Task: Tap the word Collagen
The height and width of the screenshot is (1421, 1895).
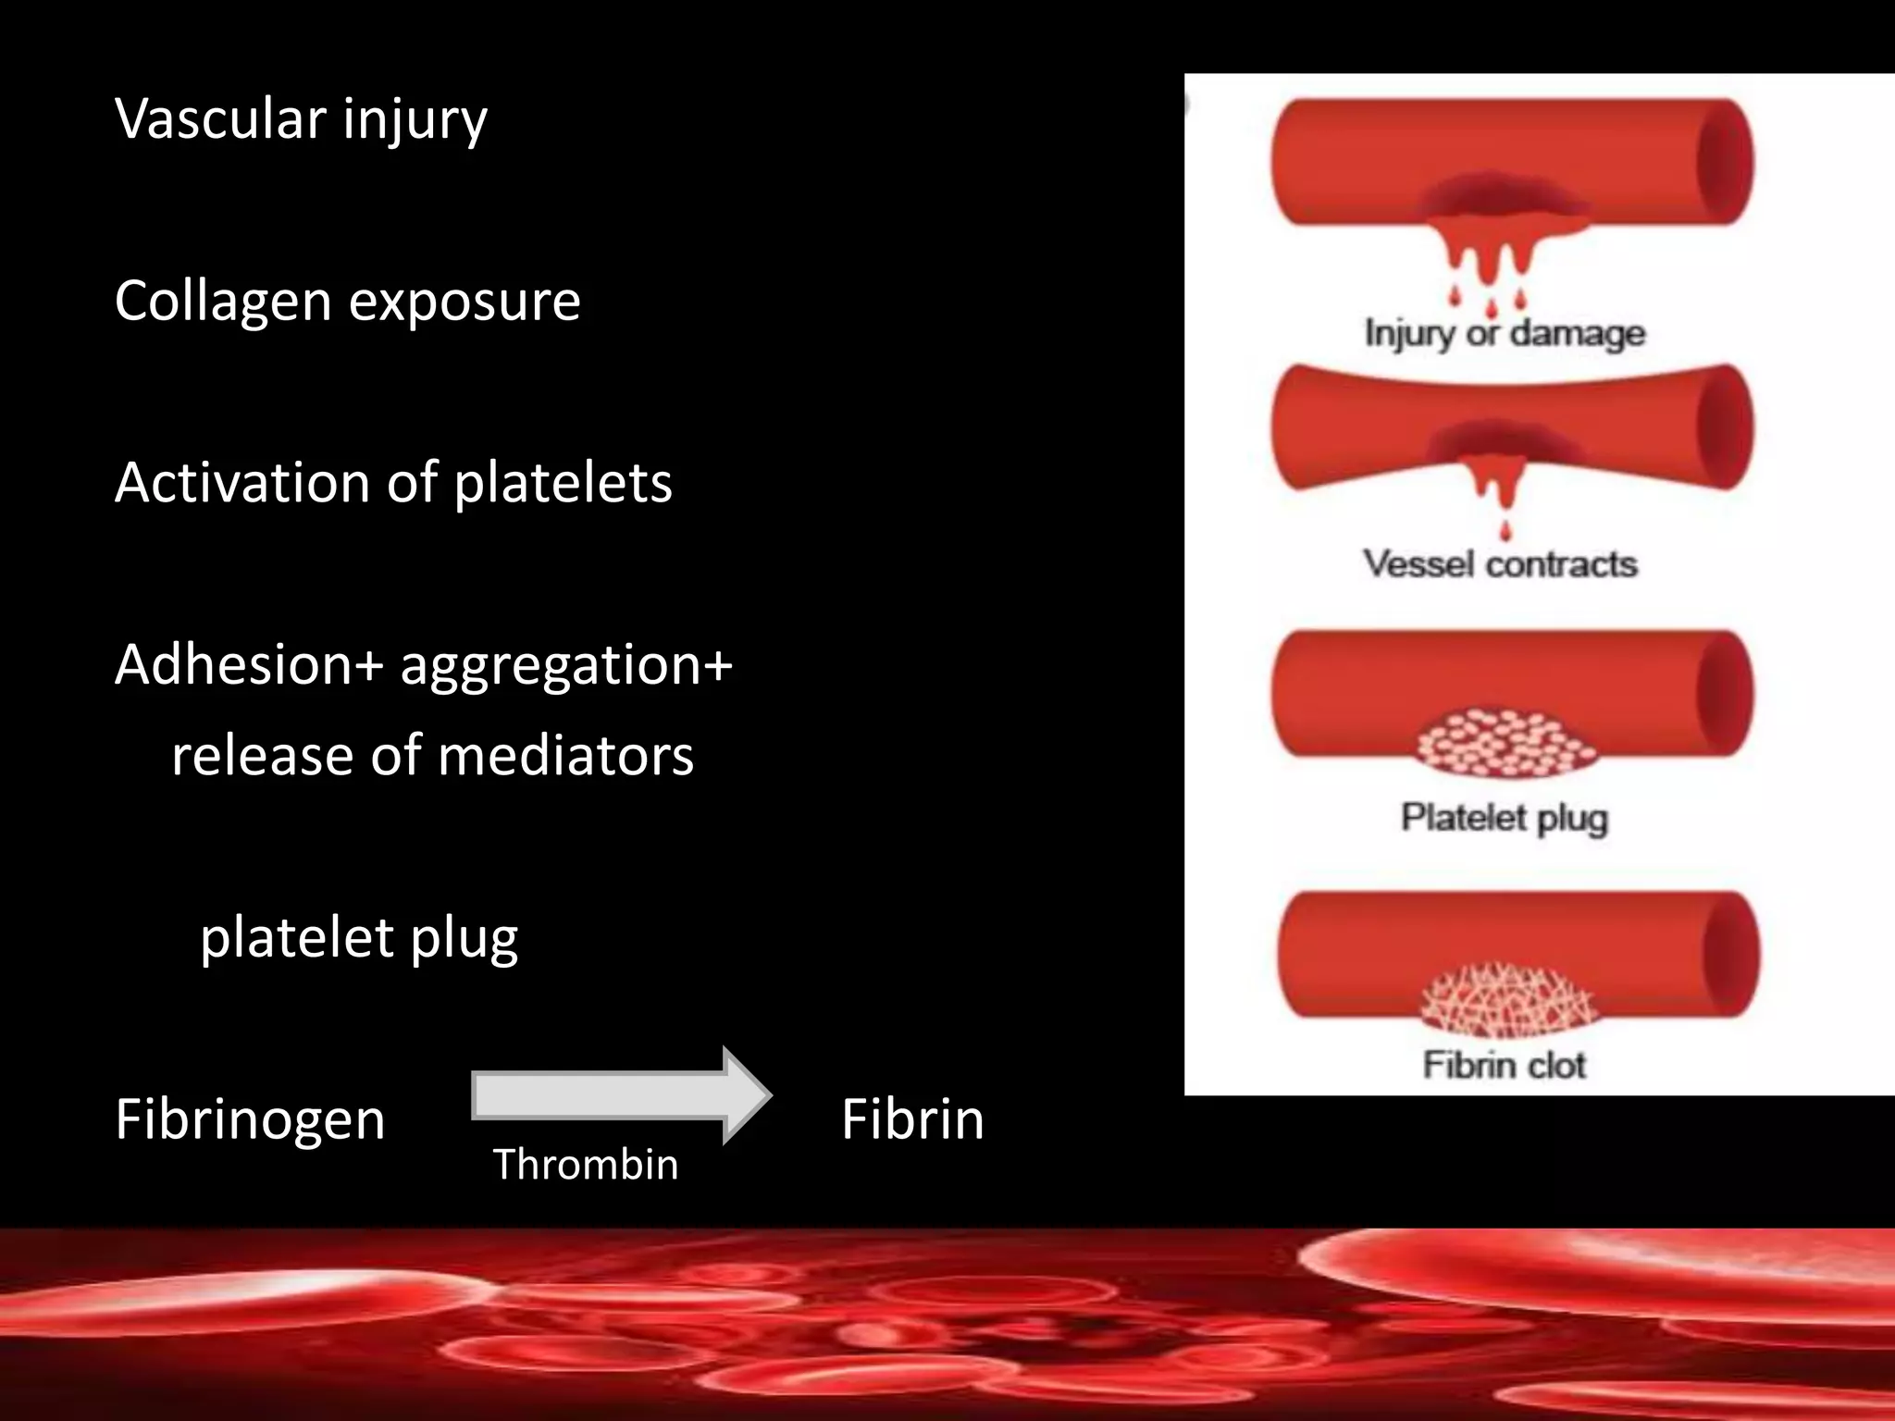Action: pos(223,302)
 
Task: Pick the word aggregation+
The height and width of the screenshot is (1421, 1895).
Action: pos(565,666)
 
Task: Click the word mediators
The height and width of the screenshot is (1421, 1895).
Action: pos(565,755)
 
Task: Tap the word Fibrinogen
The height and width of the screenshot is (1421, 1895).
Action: pos(250,1118)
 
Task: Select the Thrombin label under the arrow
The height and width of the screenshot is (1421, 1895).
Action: pos(586,1164)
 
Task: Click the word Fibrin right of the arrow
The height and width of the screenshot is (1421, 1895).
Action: pos(912,1118)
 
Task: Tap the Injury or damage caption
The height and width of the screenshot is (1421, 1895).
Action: pos(1505,333)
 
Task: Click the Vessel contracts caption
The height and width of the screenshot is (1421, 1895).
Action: pos(1500,563)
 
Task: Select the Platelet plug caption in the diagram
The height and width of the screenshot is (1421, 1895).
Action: pos(1505,818)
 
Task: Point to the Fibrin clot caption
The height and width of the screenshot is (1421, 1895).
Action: pos(1504,1065)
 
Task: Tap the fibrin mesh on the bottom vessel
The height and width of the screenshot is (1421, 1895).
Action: pos(1506,1001)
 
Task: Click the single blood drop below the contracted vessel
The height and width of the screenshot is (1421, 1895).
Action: pos(1505,531)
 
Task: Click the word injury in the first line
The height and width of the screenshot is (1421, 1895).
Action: pos(415,120)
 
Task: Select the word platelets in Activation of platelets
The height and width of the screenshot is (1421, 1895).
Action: pos(563,483)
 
